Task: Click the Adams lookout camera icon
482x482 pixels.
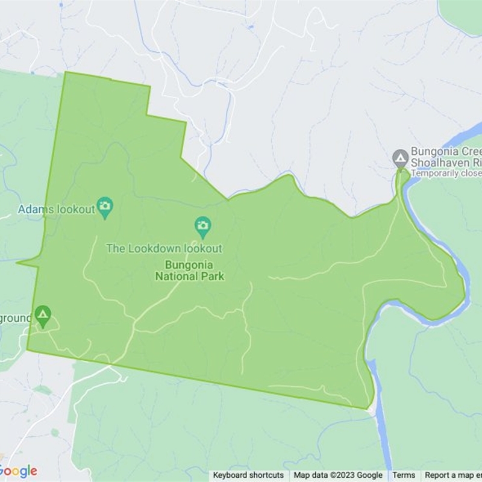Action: (105, 207)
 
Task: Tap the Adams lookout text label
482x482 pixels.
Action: (56, 210)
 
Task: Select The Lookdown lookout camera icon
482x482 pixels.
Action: (203, 226)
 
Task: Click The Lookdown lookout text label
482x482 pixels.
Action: (164, 248)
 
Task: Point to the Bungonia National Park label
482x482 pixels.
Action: (189, 271)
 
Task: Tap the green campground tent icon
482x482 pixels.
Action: (42, 315)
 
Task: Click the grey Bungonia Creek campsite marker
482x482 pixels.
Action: (400, 158)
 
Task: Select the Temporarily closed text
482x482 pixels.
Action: (446, 174)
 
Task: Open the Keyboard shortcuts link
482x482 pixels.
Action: (248, 475)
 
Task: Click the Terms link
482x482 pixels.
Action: (404, 475)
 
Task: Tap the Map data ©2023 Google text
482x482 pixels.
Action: (338, 475)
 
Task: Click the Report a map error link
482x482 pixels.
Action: (453, 475)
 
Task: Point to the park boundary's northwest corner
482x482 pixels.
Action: (65, 72)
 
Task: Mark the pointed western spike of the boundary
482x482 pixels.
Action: (18, 263)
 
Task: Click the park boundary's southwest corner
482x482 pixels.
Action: (27, 349)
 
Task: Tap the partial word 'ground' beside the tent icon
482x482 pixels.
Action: (15, 317)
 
